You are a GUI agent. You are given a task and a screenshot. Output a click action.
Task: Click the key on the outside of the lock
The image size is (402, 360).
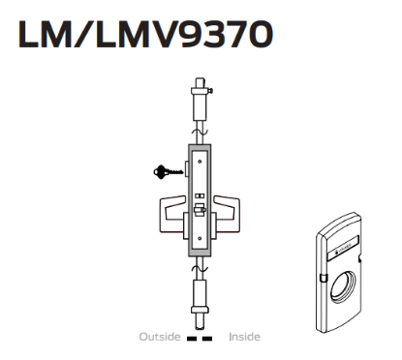tap(164, 173)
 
